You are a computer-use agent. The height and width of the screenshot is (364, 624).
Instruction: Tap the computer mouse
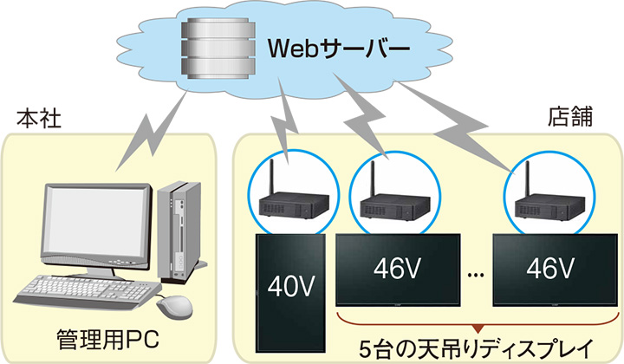[x=174, y=304]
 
